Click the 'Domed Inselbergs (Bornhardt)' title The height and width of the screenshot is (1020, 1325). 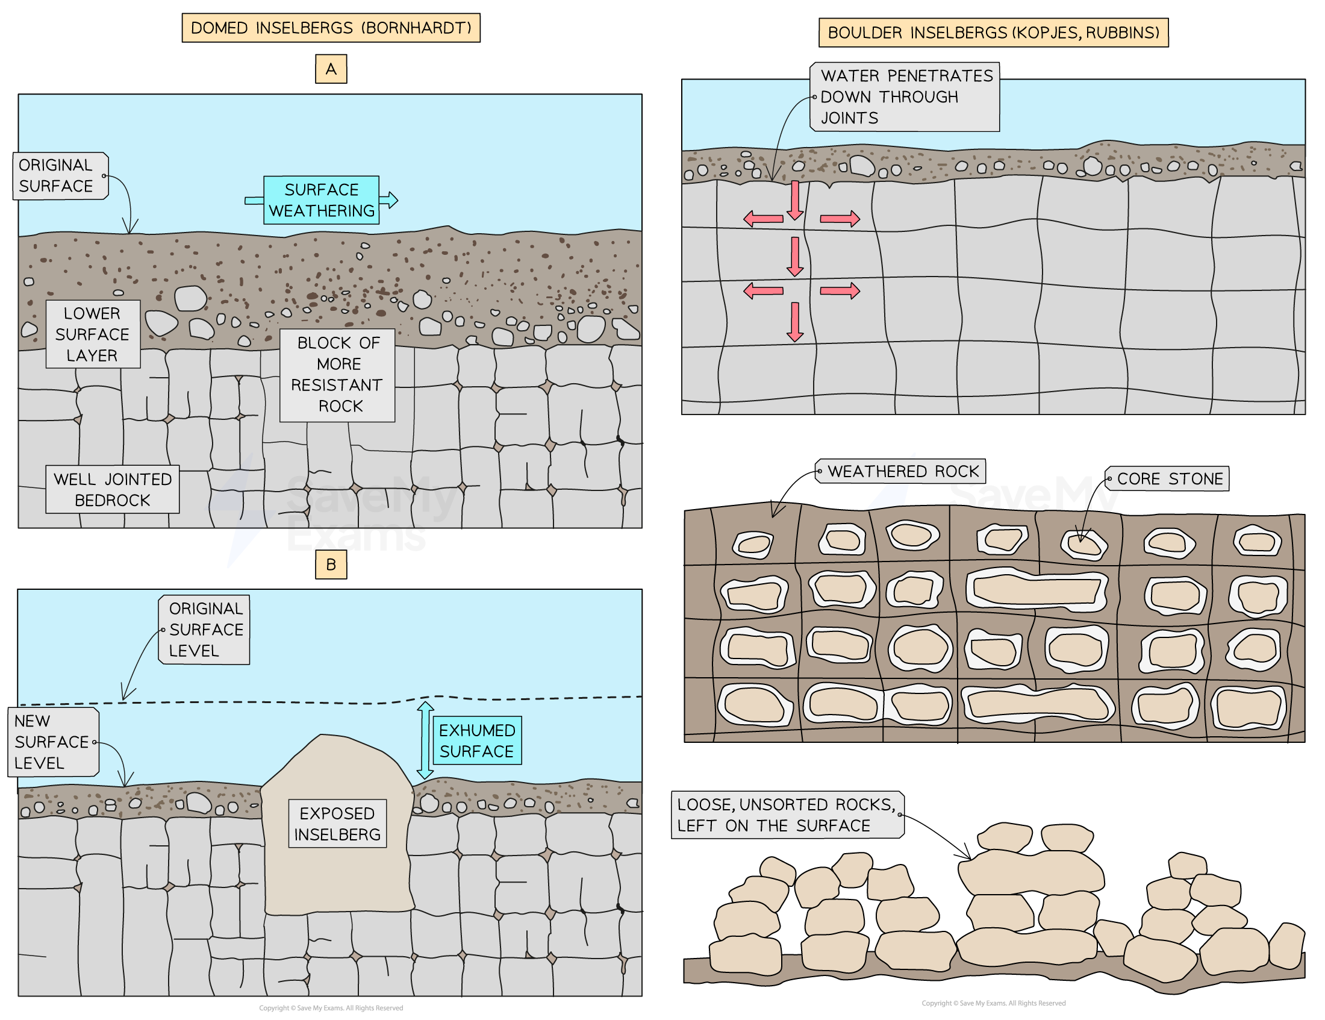[x=331, y=28]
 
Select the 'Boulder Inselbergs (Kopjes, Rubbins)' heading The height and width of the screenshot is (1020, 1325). [x=993, y=32]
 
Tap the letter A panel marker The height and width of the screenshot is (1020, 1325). [x=331, y=69]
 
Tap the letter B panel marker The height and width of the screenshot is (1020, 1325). [x=331, y=565]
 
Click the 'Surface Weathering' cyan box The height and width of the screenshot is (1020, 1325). [x=321, y=200]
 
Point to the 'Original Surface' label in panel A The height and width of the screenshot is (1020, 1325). [x=60, y=176]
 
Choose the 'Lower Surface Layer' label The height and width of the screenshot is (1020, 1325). [x=93, y=334]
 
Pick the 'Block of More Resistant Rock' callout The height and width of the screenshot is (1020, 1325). [x=337, y=375]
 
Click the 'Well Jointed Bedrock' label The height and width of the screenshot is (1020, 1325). [x=112, y=490]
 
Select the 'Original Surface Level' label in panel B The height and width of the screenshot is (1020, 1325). [x=204, y=630]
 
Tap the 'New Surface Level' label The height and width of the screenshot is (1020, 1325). [x=53, y=742]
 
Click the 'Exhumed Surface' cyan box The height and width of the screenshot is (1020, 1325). [x=477, y=741]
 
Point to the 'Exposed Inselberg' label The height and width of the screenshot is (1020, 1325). [x=337, y=824]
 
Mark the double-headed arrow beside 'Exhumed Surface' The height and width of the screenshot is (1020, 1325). [x=425, y=740]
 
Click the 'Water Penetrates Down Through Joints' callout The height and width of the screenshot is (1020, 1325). [x=905, y=97]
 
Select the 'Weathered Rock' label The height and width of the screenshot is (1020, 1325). [x=902, y=472]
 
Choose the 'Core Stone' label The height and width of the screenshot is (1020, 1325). [x=1168, y=479]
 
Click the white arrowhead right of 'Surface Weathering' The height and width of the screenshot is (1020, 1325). [x=390, y=200]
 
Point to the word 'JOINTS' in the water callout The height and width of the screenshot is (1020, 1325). [x=849, y=118]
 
